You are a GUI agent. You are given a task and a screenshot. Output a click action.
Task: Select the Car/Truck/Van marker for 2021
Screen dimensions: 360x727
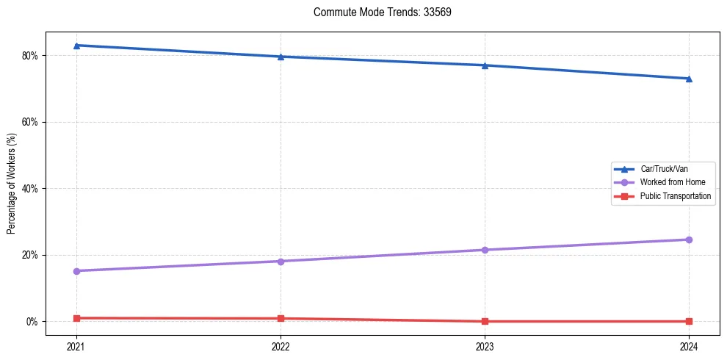tap(76, 46)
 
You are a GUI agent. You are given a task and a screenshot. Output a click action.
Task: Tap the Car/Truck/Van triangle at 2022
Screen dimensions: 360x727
tap(281, 57)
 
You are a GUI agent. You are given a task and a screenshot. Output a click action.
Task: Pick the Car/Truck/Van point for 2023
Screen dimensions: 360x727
tap(485, 65)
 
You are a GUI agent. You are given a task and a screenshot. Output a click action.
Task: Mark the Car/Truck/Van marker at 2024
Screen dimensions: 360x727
tap(689, 79)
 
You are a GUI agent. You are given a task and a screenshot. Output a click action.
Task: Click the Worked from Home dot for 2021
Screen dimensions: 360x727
tap(76, 271)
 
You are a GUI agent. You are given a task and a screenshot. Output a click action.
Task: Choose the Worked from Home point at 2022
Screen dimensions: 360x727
tap(281, 262)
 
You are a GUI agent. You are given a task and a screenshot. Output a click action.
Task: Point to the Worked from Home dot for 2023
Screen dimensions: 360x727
tap(485, 250)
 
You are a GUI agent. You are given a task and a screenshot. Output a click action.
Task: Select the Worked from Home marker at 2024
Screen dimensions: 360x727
tap(689, 240)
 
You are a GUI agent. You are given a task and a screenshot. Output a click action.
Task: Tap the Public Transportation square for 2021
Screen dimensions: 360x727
tap(76, 318)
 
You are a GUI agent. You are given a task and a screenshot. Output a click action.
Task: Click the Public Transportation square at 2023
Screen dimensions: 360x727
tap(485, 321)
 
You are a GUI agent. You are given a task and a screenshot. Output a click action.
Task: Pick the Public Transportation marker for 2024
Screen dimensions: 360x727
tap(689, 321)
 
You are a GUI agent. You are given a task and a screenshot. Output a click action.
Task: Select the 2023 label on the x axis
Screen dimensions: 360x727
tap(485, 345)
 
